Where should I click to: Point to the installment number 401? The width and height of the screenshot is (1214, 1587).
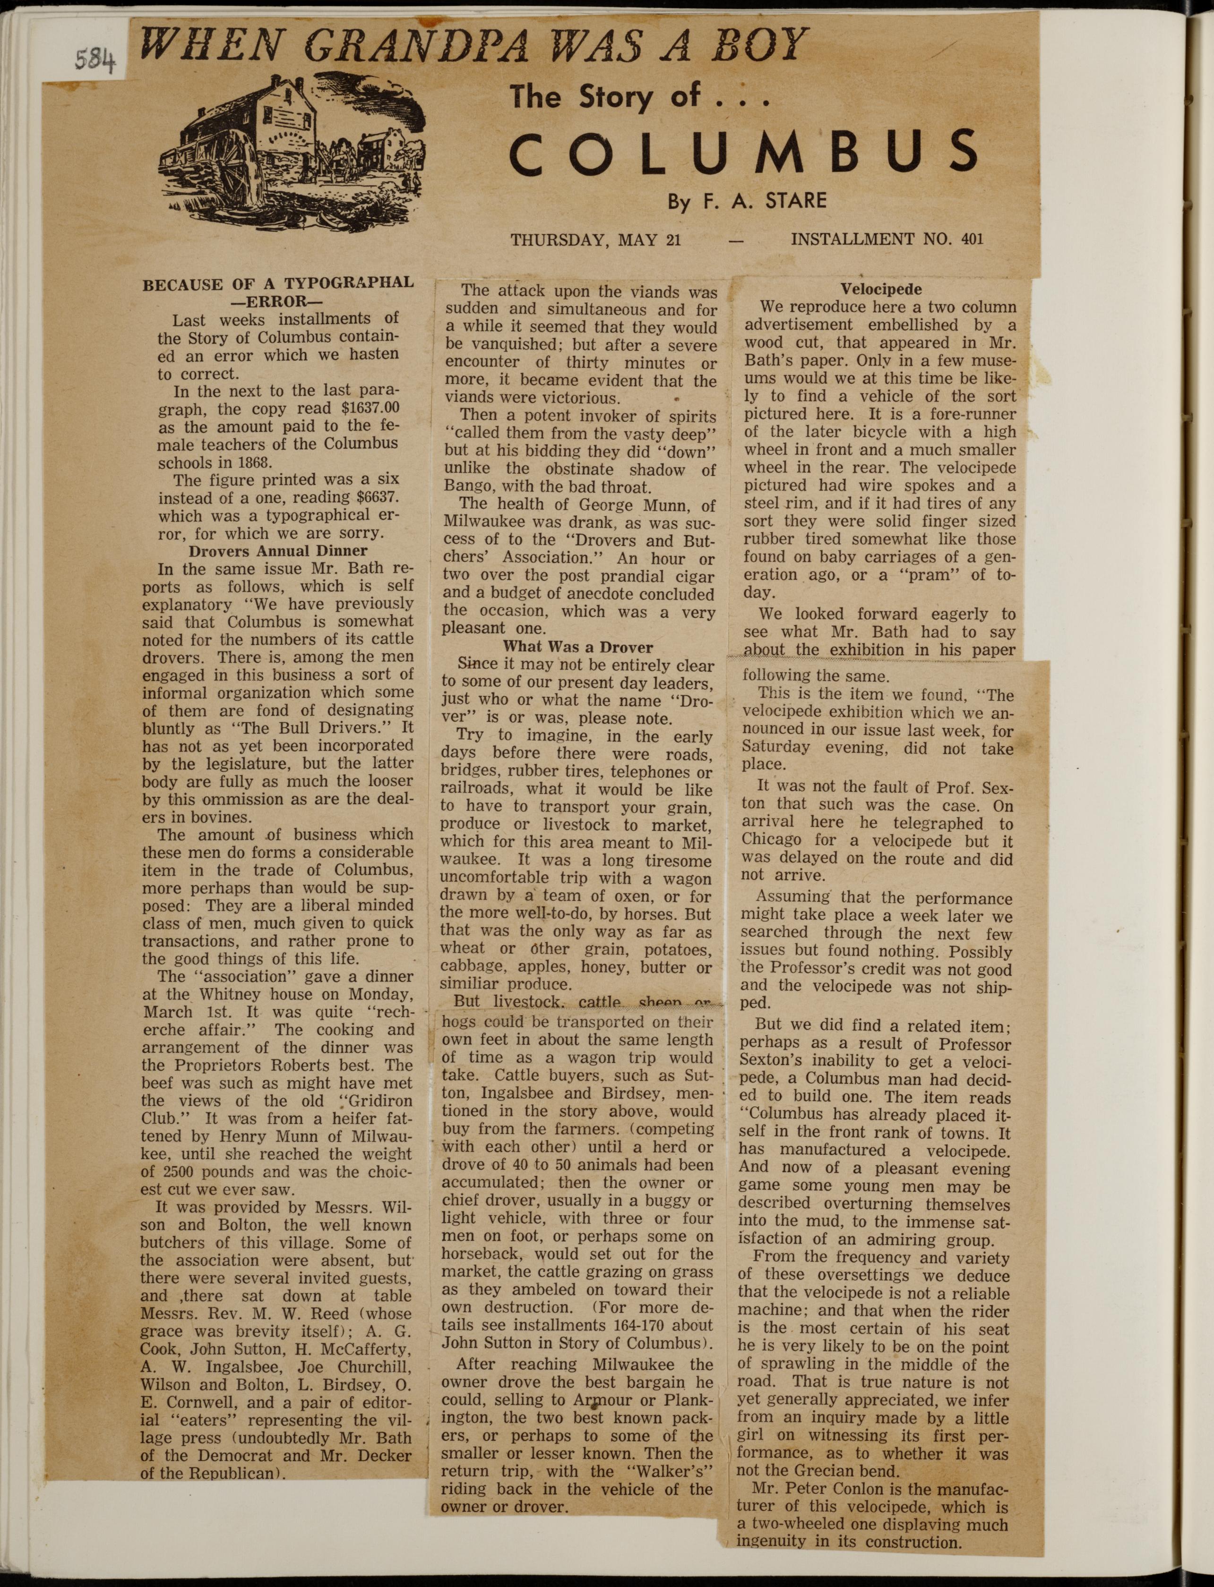pos(973,239)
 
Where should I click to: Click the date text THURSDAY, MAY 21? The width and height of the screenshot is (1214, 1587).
pos(596,240)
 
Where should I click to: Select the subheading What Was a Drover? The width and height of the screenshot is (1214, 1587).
pos(577,647)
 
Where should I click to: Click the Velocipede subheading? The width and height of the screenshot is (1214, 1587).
pos(880,289)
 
